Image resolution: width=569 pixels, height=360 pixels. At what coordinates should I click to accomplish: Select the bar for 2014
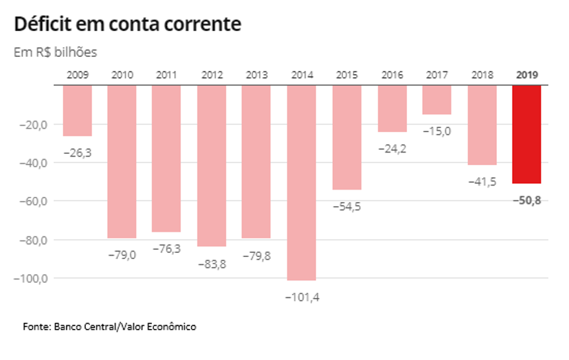[301, 182]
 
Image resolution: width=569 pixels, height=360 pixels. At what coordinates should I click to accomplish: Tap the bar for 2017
[437, 100]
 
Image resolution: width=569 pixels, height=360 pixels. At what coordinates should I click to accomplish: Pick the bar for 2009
[77, 110]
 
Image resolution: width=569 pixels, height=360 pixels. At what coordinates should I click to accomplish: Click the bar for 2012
[211, 165]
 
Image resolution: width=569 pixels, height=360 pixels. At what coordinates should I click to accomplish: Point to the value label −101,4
[302, 297]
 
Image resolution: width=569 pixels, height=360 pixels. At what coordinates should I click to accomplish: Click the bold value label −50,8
[527, 200]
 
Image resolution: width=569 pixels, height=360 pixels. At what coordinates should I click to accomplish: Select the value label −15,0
[437, 131]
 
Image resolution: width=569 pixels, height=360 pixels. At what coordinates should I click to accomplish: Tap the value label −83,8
[212, 263]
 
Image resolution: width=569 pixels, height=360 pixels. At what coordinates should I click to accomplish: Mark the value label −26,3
[77, 153]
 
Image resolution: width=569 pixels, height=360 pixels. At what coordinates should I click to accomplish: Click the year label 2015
[347, 75]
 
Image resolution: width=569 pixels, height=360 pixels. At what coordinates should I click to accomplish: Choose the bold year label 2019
[527, 75]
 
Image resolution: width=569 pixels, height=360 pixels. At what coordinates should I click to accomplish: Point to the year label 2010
[122, 75]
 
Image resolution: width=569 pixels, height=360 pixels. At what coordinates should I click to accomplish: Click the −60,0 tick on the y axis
[33, 201]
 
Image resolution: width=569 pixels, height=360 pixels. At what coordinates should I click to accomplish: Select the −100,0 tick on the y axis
[31, 278]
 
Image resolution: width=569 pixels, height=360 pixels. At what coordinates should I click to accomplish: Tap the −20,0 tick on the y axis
[33, 124]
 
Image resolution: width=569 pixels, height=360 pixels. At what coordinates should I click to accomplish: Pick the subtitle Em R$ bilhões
[56, 52]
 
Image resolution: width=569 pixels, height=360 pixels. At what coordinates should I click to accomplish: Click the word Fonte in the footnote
[36, 326]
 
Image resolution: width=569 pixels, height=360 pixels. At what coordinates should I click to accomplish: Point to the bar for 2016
[392, 108]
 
